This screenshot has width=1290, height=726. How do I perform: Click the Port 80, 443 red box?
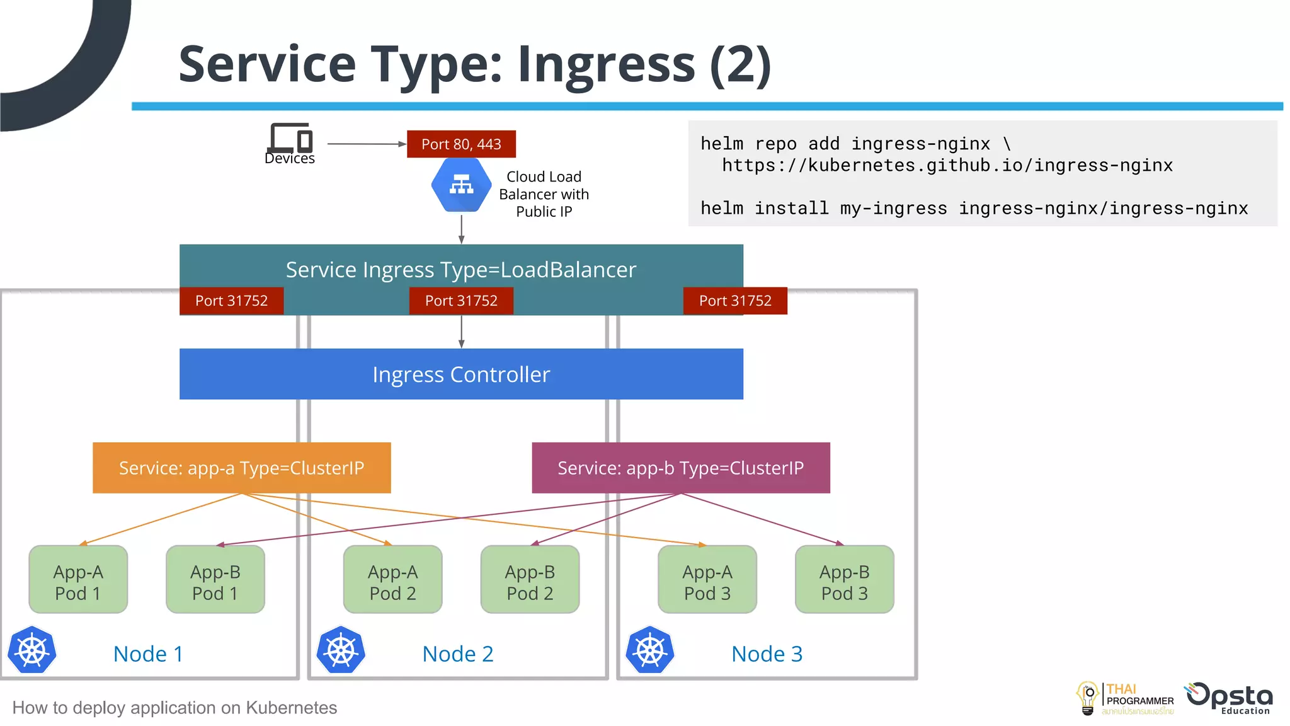pos(461,144)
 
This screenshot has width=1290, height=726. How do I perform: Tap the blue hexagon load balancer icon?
pos(461,185)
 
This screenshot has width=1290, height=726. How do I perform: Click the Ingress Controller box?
pos(461,374)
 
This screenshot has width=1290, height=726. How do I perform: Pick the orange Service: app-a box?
pos(241,468)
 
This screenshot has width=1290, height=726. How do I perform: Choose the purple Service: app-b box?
pos(680,468)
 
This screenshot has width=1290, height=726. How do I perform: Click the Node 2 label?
pos(458,654)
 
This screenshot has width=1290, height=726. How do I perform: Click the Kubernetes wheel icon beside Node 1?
pos(32,650)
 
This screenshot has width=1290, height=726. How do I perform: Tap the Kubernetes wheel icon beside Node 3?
pos(650,650)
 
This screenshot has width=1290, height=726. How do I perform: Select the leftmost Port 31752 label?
pos(231,301)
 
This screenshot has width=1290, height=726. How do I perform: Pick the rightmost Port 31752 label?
pos(735,301)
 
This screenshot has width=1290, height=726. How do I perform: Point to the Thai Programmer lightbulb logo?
pos(1088,698)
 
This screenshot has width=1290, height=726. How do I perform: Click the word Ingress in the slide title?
pos(606,64)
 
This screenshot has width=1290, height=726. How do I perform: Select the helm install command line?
pos(974,208)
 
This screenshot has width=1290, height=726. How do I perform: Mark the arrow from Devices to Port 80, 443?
pos(365,144)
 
